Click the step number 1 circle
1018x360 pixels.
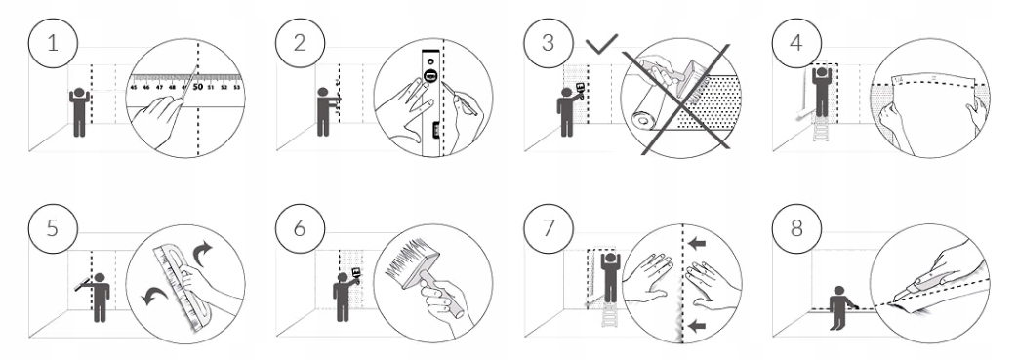(x=53, y=43)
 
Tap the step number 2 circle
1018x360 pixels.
(x=300, y=43)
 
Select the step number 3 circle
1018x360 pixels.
(x=549, y=43)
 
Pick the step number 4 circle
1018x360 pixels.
(x=796, y=43)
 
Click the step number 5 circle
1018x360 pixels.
(x=53, y=228)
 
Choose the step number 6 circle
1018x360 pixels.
(x=300, y=228)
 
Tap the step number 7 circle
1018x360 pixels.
(x=549, y=228)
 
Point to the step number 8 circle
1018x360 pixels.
(x=796, y=228)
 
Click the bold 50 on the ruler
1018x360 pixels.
(x=197, y=86)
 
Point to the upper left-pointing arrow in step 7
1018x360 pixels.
(x=697, y=244)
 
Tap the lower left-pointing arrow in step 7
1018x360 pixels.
(x=697, y=326)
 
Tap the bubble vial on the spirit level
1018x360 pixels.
(x=429, y=75)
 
